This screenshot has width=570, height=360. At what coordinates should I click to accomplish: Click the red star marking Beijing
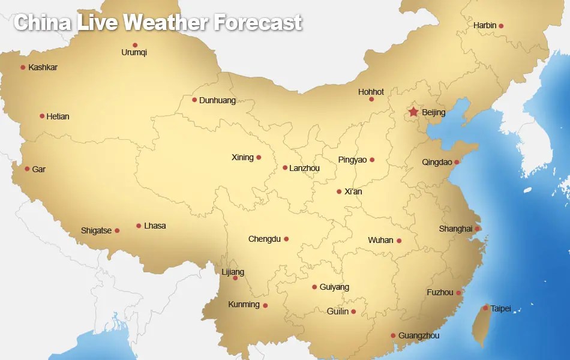point(413,112)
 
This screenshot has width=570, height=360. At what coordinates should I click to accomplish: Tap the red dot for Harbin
point(501,26)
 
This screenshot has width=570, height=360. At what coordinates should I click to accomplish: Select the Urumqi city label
point(134,53)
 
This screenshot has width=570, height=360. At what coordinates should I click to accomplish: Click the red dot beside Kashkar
point(23,67)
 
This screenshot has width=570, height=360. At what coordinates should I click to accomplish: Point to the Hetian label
point(58,116)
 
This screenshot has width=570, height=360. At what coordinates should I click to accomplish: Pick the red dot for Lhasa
point(139,226)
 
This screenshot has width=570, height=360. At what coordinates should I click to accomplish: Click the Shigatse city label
point(97,231)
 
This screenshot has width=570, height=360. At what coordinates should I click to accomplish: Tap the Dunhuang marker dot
point(194,100)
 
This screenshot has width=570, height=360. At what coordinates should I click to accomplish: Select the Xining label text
point(242,158)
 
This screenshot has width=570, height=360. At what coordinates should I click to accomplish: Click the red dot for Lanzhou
point(285,168)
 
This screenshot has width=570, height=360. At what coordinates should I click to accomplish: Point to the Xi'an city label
point(353,192)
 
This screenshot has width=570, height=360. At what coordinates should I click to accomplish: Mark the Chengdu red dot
point(286,239)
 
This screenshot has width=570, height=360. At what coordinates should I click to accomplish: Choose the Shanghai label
point(455,229)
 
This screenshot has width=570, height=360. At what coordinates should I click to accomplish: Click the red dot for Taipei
point(485,308)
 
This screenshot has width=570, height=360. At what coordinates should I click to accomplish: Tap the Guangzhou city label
point(419,336)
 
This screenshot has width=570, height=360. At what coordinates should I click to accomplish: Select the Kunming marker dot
point(265,305)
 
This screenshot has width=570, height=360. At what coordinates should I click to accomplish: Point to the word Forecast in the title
point(257,23)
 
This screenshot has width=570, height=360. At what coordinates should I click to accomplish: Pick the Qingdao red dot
point(457,162)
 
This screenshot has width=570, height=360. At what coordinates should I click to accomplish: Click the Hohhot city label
point(371,92)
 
